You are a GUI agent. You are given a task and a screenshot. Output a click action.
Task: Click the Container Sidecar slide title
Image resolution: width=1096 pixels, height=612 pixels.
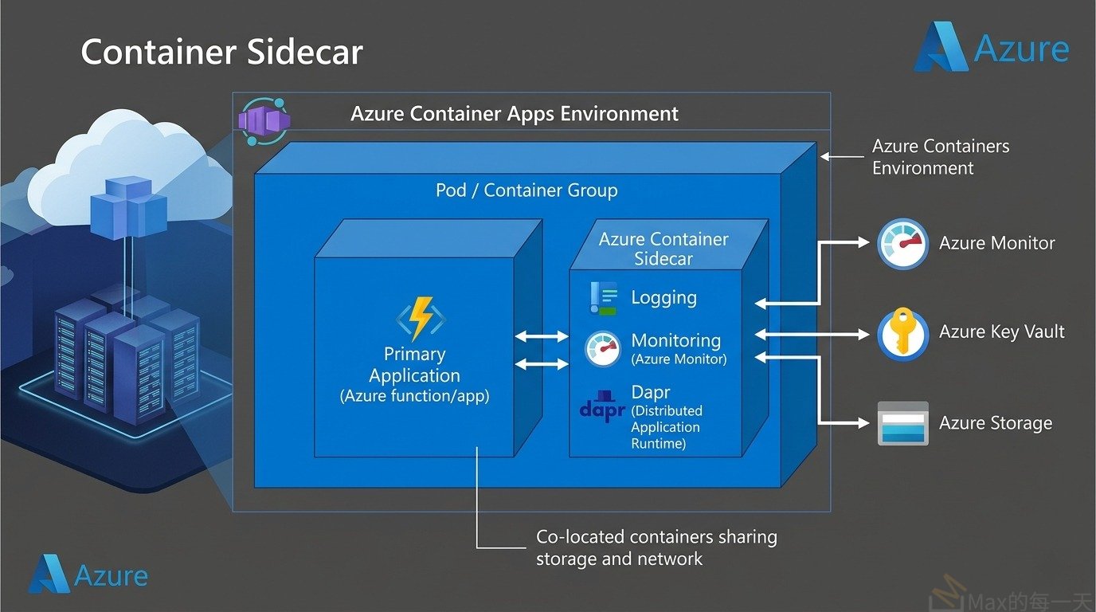[221, 53]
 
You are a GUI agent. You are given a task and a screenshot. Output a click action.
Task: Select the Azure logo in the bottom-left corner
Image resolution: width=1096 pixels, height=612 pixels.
[88, 575]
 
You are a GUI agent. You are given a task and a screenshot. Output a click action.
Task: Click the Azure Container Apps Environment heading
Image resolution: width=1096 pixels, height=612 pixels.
[514, 113]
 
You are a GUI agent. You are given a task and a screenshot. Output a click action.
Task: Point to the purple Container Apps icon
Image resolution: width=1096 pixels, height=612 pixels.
[264, 121]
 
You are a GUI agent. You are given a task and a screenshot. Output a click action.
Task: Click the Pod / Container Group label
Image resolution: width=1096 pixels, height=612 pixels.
[526, 190]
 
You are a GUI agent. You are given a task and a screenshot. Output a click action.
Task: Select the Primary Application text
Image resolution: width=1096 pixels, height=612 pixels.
[414, 365]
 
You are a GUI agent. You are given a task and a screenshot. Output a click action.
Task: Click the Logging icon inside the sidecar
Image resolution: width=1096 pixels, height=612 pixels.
[603, 299]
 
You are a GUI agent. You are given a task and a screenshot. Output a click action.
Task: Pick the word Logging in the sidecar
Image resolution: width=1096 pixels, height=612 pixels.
[663, 298]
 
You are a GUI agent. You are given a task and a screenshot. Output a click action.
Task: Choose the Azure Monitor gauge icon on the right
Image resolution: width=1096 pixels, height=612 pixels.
[902, 244]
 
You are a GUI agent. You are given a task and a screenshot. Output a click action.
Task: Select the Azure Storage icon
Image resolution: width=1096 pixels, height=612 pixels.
[902, 422]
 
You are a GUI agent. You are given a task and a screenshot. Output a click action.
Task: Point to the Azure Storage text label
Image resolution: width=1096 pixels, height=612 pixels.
[995, 423]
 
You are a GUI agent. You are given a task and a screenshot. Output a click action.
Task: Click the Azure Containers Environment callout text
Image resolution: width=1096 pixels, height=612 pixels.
[940, 157]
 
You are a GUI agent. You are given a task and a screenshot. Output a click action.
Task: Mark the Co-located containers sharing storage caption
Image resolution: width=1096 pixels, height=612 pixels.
[656, 547]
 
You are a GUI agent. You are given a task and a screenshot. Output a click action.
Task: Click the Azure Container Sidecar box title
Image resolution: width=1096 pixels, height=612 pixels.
[663, 249]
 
